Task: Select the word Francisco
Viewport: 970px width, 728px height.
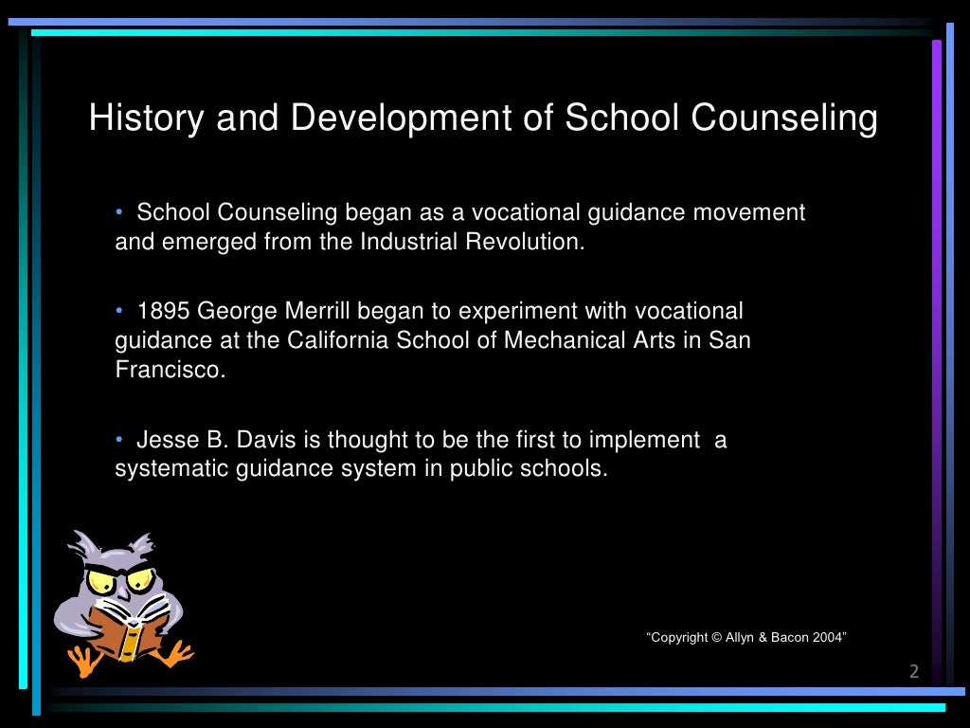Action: coord(170,370)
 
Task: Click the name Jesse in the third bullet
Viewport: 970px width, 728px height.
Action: coord(164,440)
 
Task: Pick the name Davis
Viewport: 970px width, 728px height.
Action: coord(258,440)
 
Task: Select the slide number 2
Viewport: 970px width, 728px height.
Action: coord(914,672)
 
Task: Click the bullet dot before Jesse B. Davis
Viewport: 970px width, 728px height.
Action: coord(120,440)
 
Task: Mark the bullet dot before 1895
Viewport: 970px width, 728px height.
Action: coord(120,311)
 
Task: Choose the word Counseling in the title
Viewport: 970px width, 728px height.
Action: coord(784,118)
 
